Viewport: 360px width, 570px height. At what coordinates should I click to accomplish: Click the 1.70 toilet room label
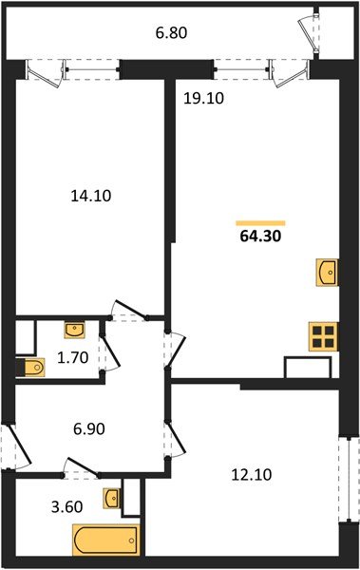74,359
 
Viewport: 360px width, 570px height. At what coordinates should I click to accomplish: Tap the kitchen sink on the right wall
326,273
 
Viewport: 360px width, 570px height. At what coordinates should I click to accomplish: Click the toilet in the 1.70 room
30,367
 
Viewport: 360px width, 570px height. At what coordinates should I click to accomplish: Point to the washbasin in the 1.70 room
75,330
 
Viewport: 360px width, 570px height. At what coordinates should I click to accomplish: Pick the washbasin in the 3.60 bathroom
113,498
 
